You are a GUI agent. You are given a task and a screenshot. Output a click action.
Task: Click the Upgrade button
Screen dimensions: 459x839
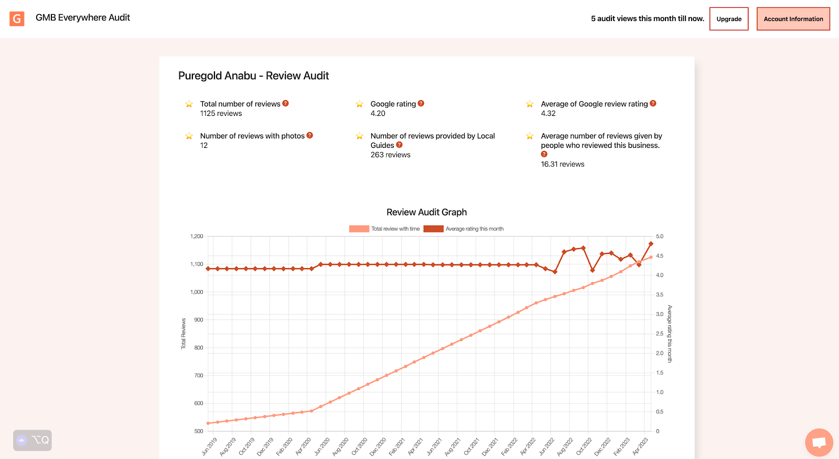pos(728,19)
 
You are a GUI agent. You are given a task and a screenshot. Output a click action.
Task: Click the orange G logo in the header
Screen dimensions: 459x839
pos(17,19)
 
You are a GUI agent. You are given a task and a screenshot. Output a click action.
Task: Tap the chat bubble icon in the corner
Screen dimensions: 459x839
pos(819,442)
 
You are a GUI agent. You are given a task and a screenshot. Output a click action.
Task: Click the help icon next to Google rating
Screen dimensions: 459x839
pos(421,103)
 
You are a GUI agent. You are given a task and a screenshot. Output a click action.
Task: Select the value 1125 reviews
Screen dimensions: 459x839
pos(221,113)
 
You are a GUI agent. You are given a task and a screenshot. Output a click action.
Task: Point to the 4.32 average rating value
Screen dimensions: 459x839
pos(548,113)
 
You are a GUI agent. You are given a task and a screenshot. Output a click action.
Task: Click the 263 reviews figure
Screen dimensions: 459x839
pos(390,155)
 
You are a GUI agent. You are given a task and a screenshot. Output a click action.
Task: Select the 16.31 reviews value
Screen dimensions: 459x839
pos(562,164)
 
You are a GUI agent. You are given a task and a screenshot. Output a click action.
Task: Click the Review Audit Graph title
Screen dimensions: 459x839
pos(426,212)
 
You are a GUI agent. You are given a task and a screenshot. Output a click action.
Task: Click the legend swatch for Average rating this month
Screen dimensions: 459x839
pos(433,229)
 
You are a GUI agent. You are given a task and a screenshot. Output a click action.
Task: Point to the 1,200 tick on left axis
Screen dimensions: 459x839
pos(197,237)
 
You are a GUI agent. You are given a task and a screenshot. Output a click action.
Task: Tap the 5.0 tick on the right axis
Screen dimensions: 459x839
pos(660,237)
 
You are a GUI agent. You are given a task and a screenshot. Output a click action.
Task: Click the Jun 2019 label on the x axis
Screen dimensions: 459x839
pos(209,446)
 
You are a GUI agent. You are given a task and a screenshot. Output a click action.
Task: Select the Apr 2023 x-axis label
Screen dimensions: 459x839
pos(640,446)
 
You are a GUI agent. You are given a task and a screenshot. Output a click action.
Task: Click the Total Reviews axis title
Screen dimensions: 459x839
pos(184,334)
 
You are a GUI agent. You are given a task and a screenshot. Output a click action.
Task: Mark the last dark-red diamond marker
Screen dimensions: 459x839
pos(651,244)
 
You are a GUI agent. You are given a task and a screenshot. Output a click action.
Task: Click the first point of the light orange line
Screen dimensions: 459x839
pos(208,423)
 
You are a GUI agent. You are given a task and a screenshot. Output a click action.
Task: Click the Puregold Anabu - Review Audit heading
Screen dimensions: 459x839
pos(253,76)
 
